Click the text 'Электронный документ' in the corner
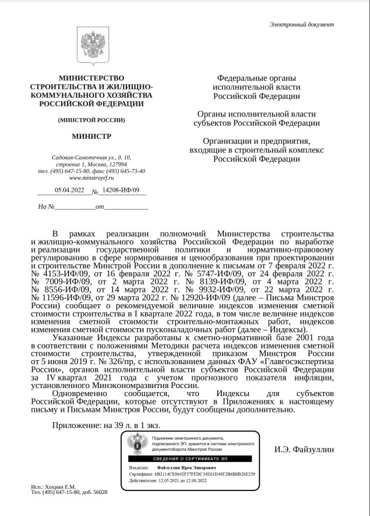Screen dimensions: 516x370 (x=302, y=24)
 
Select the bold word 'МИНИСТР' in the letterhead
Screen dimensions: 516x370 (x=91, y=137)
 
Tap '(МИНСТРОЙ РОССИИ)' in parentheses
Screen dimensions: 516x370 (x=91, y=120)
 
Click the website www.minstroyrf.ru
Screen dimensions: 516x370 (x=91, y=178)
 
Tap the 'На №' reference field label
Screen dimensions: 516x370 (x=46, y=207)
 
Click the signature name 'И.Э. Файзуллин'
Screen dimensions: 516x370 (x=305, y=449)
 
